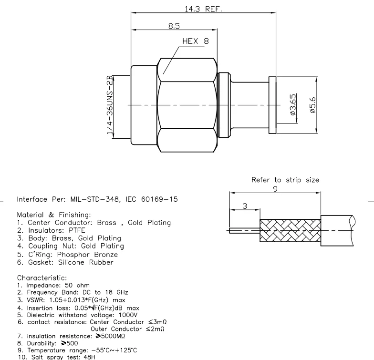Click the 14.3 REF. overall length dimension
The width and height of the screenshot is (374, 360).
[203, 8]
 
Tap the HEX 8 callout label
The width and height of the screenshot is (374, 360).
[195, 41]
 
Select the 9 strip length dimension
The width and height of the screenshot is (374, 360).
[275, 188]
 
